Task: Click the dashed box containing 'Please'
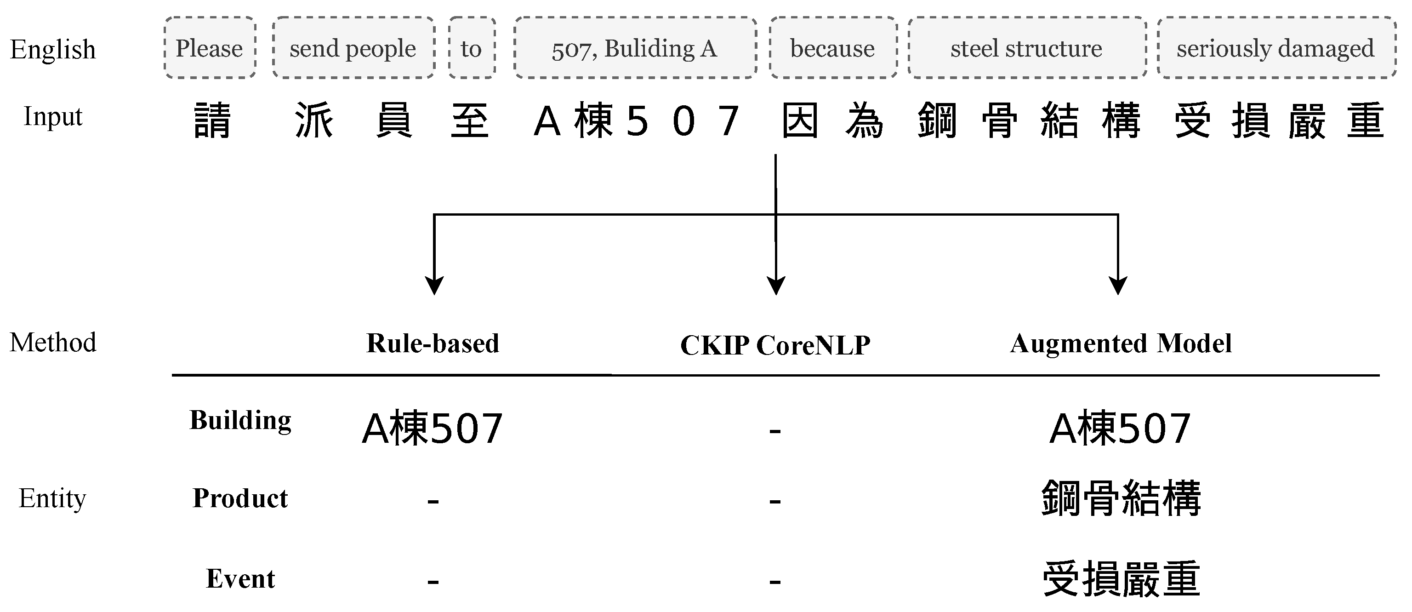[x=210, y=48]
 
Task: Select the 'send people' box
[x=353, y=48]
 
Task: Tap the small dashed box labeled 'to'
[x=472, y=48]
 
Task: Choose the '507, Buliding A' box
[x=635, y=48]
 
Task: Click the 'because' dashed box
[x=832, y=48]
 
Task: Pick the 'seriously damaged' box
[x=1275, y=48]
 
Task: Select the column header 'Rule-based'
[x=433, y=343]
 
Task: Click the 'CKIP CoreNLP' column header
[x=775, y=345]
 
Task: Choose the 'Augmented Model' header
[x=1121, y=343]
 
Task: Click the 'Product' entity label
[x=240, y=498]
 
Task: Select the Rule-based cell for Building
[x=433, y=428]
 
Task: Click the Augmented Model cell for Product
[x=1121, y=498]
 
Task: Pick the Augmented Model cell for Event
[x=1121, y=578]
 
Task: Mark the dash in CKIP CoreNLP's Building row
[x=775, y=431]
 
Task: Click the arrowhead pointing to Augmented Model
[x=1118, y=285]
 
